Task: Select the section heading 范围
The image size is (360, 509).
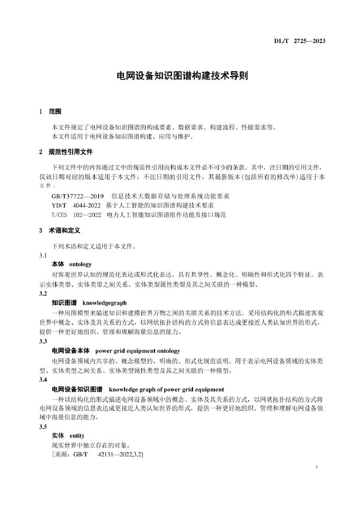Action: click(55, 111)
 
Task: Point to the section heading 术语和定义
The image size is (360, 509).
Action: click(63, 231)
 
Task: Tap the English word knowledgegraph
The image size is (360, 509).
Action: click(104, 302)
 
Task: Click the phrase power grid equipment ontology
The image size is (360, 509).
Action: click(138, 351)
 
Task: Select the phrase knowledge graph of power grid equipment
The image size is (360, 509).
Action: click(166, 389)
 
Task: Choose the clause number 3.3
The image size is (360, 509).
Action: click(43, 342)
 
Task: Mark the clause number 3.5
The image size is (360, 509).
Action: click(43, 427)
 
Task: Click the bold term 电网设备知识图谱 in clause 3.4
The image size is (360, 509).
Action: click(77, 389)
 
